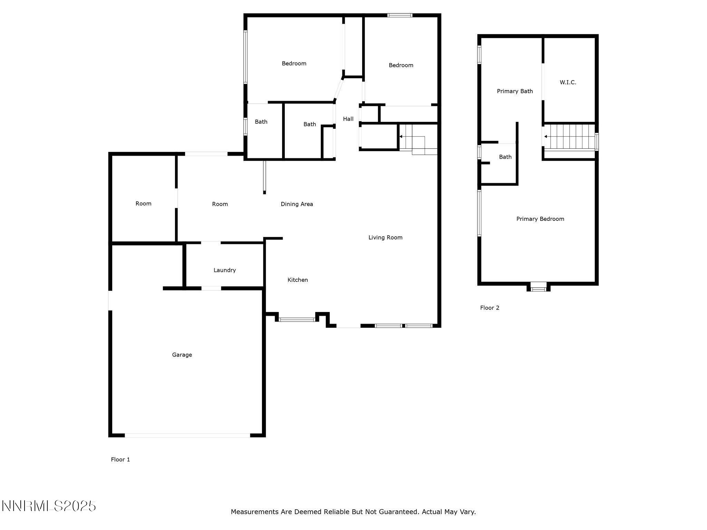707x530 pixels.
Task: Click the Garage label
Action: point(182,355)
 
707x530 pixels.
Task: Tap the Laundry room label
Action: point(225,270)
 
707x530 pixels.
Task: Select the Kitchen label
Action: point(298,280)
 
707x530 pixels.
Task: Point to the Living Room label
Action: point(385,237)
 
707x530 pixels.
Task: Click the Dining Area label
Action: point(297,204)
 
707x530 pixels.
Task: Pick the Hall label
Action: point(348,119)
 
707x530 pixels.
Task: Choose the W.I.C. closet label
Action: point(568,82)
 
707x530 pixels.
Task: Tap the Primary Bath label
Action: point(515,91)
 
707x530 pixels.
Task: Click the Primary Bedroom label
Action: point(540,219)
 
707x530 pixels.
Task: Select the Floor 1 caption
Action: point(120,460)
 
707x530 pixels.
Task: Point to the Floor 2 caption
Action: point(490,308)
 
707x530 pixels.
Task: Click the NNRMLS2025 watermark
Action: point(49,506)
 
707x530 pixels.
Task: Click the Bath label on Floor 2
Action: point(505,157)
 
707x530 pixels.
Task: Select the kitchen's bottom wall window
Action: point(297,320)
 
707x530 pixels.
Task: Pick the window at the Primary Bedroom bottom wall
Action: point(538,287)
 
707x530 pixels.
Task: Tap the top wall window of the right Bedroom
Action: point(400,15)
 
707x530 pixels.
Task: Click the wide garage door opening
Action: point(187,435)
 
